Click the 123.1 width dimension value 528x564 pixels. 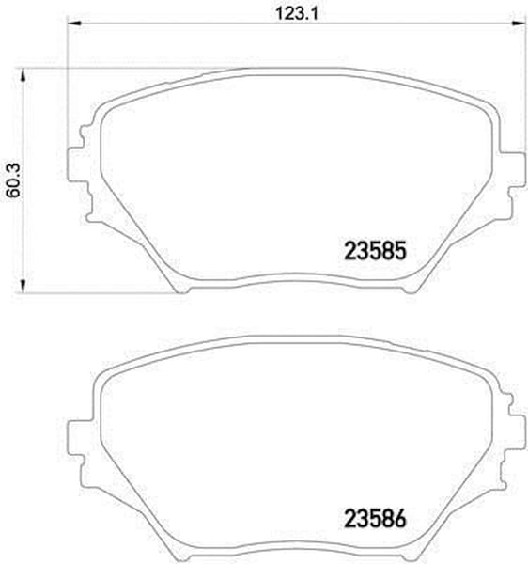[297, 14]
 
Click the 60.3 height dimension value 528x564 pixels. [14, 180]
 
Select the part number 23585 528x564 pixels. [375, 251]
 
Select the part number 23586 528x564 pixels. [375, 519]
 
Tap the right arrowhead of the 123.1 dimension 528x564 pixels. [519, 23]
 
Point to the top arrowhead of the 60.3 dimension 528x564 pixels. [23, 76]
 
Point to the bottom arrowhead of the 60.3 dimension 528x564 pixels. [23, 286]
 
